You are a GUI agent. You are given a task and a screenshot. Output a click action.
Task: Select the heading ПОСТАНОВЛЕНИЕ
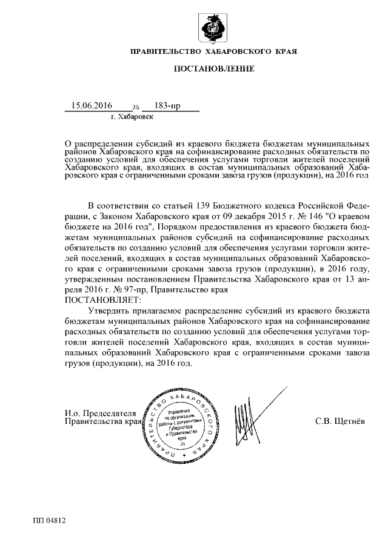click(214, 69)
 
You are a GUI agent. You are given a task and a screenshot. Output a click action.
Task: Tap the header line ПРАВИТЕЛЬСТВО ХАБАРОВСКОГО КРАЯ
click(214, 52)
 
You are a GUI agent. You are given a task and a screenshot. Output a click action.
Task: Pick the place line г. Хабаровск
click(132, 116)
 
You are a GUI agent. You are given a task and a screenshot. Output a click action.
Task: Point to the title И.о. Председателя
click(101, 414)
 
